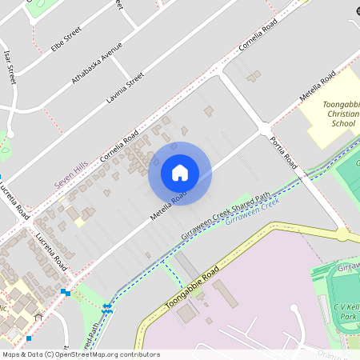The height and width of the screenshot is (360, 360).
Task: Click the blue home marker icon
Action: coord(180,173)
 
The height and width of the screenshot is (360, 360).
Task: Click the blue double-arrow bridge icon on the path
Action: coord(106,308)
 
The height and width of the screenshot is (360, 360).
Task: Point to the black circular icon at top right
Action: coord(354,11)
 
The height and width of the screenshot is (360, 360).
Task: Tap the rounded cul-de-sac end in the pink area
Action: coord(294,309)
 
